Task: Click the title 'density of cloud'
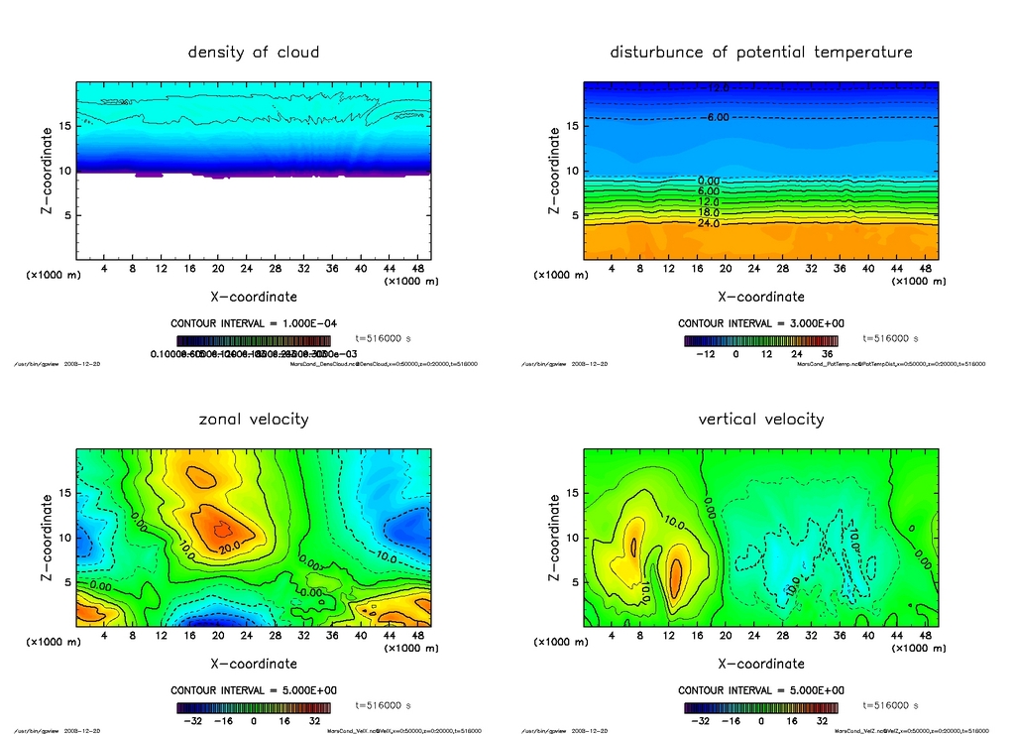click(x=254, y=52)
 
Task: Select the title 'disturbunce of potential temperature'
click(x=761, y=52)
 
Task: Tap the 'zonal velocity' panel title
click(x=254, y=419)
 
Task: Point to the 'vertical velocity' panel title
click(x=761, y=419)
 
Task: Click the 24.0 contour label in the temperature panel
click(x=709, y=224)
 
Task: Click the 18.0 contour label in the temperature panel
click(x=709, y=212)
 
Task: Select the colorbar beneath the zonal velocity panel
click(x=253, y=708)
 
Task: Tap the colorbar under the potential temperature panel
click(x=760, y=341)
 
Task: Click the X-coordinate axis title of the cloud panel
click(x=254, y=296)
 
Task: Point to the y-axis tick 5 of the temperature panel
click(x=572, y=215)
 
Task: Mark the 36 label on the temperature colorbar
click(x=826, y=353)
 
